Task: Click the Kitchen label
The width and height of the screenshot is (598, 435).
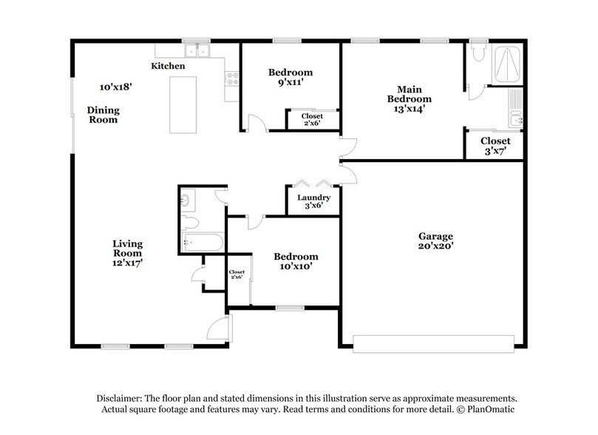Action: (168, 66)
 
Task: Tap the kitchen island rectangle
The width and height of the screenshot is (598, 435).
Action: (183, 105)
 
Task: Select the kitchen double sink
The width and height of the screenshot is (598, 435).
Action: (197, 50)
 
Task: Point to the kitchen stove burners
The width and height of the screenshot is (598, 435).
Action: (232, 78)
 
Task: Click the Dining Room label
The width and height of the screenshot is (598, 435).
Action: (103, 115)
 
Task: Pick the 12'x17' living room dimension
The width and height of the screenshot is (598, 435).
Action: (127, 263)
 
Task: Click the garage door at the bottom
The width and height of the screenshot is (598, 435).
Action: (434, 344)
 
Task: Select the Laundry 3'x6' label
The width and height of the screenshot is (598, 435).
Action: (313, 201)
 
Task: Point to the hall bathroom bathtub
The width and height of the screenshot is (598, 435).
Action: (202, 242)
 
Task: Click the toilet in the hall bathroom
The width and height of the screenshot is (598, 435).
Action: (189, 222)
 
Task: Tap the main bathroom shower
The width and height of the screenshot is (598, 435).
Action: (507, 65)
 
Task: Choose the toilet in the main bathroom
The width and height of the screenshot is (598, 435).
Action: (478, 53)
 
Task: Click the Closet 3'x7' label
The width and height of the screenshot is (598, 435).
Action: (495, 146)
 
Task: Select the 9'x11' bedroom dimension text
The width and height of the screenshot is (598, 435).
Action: (290, 82)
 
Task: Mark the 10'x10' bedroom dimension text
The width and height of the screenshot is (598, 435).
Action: (296, 266)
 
